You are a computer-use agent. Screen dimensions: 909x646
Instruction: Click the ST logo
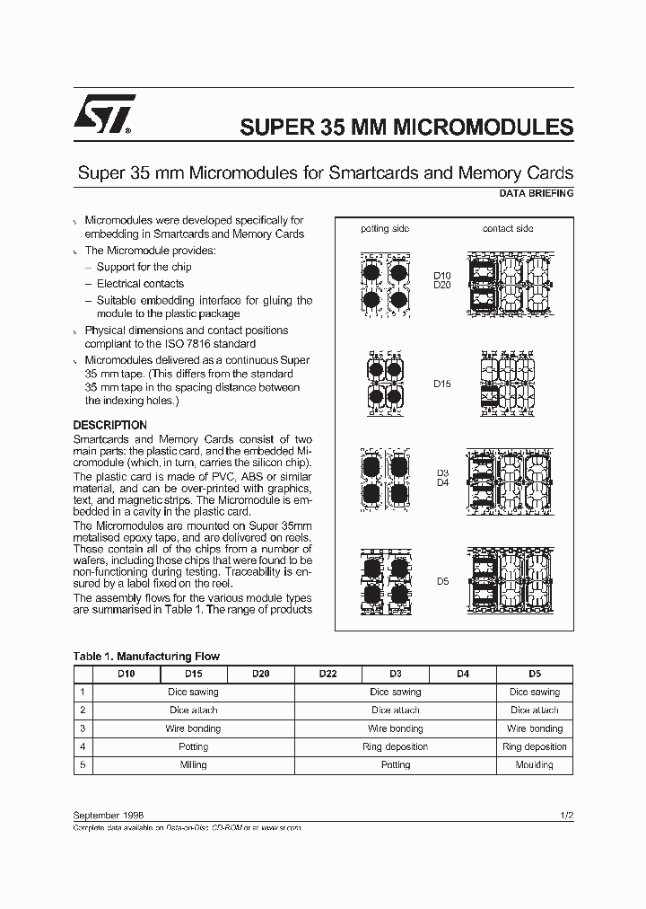pos(102,114)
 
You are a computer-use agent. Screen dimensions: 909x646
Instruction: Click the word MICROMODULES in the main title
pos(480,127)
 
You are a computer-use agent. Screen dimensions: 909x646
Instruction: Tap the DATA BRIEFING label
pos(536,193)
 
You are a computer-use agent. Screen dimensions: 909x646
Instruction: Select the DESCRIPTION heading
pos(109,425)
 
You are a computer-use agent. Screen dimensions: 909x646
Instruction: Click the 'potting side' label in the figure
pos(385,228)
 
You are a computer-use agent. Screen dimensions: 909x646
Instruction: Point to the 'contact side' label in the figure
pos(507,228)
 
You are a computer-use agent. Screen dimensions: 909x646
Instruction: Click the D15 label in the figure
pos(442,384)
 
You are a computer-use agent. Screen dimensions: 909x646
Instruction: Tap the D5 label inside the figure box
pos(442,581)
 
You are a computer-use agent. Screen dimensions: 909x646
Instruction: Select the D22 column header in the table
pos(327,674)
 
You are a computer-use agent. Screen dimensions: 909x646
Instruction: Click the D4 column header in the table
pos(463,674)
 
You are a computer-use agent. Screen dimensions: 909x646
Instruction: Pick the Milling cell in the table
pos(193,765)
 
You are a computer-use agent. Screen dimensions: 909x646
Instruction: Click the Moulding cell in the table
pos(534,765)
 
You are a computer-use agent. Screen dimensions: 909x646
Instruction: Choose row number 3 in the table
pos(83,728)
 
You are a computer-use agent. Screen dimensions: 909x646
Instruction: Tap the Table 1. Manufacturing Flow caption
pos(146,657)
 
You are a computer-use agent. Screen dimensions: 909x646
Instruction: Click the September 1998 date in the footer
pos(108,814)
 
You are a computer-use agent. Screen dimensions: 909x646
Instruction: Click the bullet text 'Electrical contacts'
pos(140,284)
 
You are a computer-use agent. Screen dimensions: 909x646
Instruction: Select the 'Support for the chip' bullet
pos(144,267)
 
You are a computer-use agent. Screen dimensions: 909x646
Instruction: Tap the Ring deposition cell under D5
pos(534,746)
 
